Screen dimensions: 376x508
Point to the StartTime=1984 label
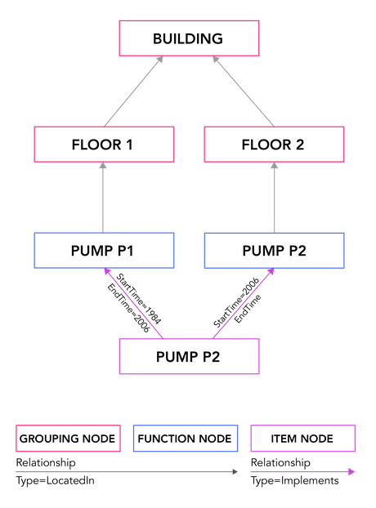tap(139, 299)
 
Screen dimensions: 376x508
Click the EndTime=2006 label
tap(128, 308)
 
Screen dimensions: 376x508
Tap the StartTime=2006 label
tap(236, 302)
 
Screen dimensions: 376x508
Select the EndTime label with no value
tap(248, 309)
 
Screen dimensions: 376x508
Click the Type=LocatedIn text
tap(56, 480)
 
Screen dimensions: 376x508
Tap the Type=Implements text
tap(294, 480)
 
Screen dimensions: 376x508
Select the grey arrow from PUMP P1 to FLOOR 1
tap(103, 198)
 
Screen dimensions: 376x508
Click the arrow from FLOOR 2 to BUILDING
tap(243, 91)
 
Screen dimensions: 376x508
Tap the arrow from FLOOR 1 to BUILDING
tap(133, 91)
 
